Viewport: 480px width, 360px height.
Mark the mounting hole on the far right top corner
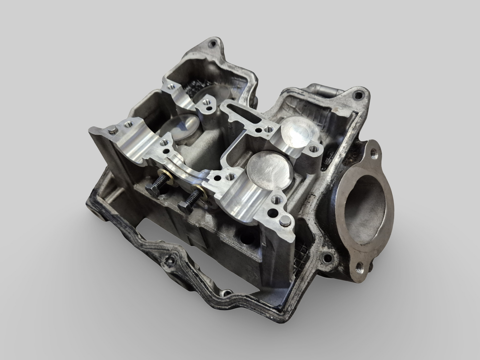click(358, 95)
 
